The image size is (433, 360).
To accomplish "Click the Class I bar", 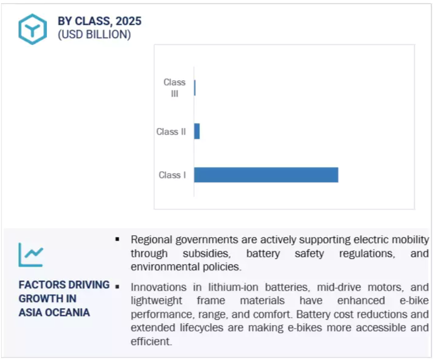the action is [x=266, y=175].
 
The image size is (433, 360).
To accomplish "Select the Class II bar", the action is [x=197, y=131].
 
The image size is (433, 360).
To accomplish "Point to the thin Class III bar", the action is [x=195, y=88].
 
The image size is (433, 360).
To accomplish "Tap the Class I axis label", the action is [x=172, y=175].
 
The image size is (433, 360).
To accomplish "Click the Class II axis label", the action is [x=171, y=132].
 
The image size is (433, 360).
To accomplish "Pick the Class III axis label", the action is [x=174, y=88].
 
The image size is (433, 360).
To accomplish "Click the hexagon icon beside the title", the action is [x=33, y=29].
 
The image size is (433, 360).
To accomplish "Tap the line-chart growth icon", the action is [x=31, y=255].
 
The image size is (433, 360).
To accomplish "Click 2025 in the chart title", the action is [x=128, y=21].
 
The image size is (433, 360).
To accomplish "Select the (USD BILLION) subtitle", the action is [x=95, y=35].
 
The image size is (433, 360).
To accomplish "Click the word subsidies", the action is [x=207, y=253].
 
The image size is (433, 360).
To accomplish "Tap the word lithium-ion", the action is [x=233, y=287].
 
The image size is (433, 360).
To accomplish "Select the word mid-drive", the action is [x=339, y=287].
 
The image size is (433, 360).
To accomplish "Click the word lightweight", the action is [x=157, y=300].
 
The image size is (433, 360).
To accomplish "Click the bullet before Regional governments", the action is [x=117, y=239].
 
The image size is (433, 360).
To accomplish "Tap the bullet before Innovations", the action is [x=117, y=287].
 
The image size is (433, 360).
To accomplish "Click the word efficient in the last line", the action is [x=151, y=342].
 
